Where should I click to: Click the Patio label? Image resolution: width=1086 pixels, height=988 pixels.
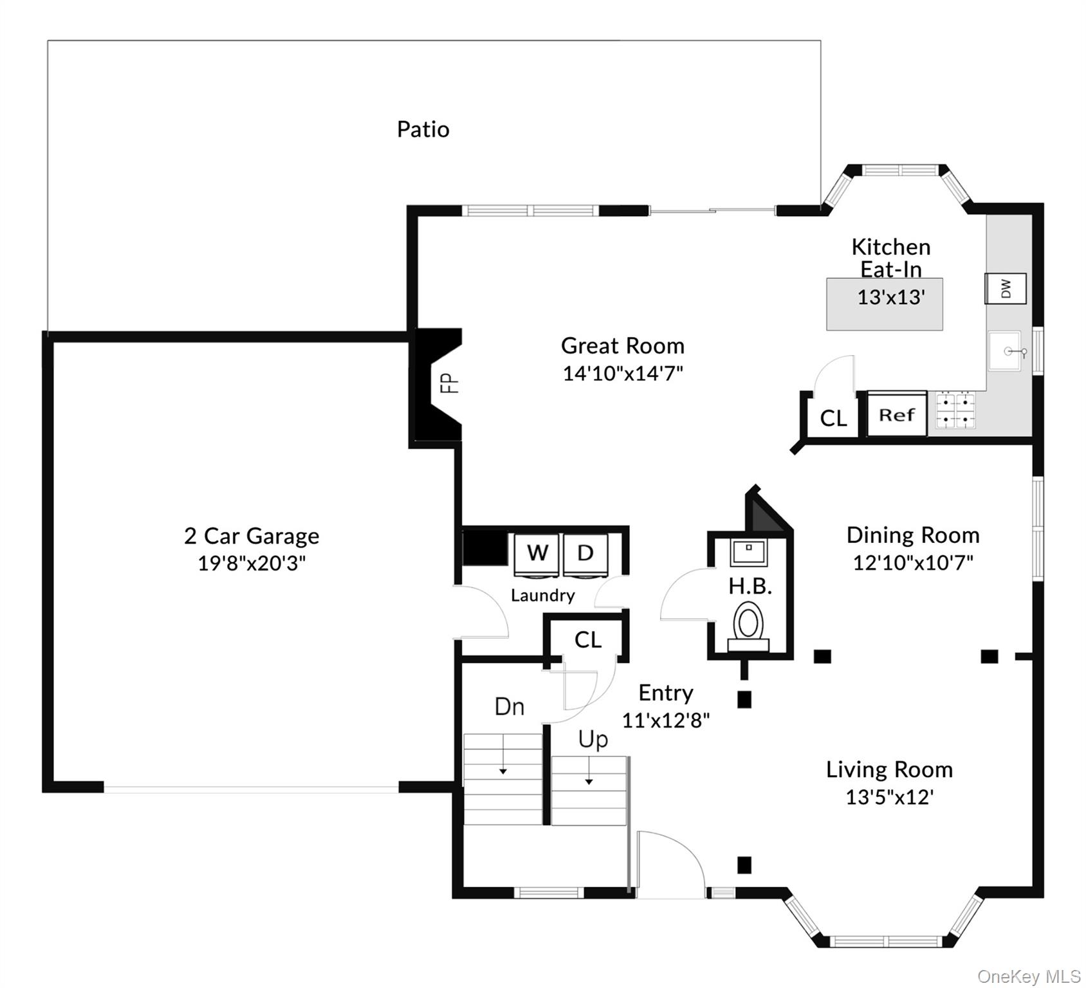tap(423, 129)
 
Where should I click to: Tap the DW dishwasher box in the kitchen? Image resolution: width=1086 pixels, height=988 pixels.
tap(1006, 288)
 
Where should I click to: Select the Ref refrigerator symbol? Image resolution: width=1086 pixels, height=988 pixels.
tap(897, 415)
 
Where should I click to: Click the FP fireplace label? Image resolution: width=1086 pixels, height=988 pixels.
tap(449, 383)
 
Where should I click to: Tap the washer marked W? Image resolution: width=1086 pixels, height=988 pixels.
tap(537, 553)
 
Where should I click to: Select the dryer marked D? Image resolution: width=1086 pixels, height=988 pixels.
tap(585, 553)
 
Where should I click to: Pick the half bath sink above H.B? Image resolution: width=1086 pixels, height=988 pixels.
tap(749, 552)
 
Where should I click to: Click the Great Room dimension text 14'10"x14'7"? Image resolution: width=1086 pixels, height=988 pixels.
tap(622, 373)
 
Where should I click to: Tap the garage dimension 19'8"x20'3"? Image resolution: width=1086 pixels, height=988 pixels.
tap(251, 563)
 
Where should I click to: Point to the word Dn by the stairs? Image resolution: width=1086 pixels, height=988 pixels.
tap(509, 707)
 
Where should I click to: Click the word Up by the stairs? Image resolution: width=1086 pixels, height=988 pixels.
tap(593, 740)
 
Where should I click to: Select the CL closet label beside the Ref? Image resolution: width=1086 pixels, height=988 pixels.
tap(833, 419)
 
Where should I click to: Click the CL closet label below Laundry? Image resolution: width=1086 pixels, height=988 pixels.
tap(587, 639)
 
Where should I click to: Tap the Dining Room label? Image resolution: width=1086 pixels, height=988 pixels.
tap(912, 535)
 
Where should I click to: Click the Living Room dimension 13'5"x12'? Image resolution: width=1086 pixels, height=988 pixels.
tap(889, 798)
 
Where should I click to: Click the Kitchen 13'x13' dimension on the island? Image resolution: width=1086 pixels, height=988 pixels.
tap(890, 297)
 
